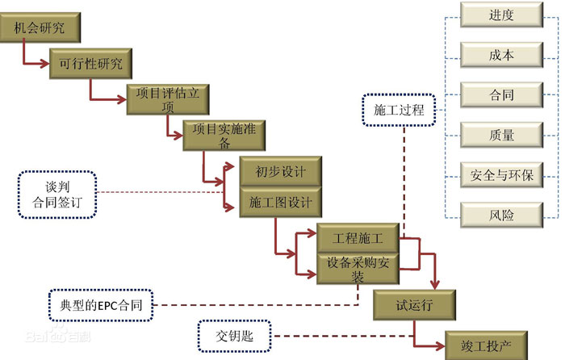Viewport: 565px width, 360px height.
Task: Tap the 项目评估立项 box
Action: (168, 99)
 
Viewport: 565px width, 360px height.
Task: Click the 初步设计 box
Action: (277, 171)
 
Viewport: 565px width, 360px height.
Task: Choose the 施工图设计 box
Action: (277, 202)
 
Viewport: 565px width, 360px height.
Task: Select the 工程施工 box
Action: (356, 239)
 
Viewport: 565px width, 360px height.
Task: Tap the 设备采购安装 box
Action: (356, 269)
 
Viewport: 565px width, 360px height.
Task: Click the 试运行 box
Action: (415, 306)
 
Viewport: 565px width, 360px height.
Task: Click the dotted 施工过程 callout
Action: (398, 110)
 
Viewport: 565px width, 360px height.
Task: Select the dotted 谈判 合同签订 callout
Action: (57, 194)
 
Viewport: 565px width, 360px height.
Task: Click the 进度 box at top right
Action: (501, 15)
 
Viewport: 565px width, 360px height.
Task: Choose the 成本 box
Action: (501, 55)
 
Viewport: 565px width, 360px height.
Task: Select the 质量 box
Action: (501, 135)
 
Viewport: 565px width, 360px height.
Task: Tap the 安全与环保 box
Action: (501, 174)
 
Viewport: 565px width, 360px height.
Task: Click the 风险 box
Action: (501, 215)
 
